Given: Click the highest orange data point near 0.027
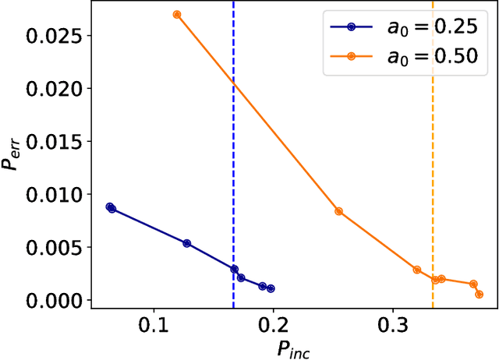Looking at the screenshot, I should tap(177, 15).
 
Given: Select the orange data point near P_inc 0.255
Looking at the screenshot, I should tap(338, 211).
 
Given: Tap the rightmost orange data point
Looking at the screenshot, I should tap(479, 295).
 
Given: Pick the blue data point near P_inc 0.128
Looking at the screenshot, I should tap(187, 244).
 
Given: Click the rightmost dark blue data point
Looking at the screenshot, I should tap(271, 288).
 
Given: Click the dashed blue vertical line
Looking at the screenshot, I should tap(233, 156).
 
